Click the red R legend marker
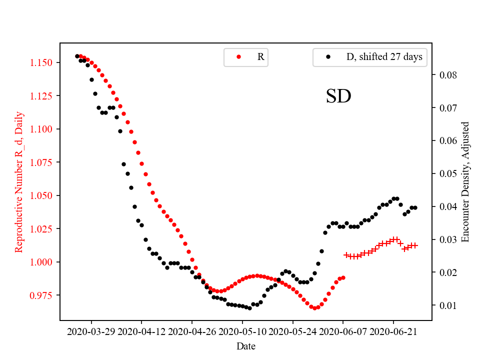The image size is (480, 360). pos(238,57)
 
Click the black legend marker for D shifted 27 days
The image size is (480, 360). pos(328,57)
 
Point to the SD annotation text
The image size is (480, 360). pos(338,96)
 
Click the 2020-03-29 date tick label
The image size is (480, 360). pos(91,331)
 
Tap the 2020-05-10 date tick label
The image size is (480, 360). pos(242,331)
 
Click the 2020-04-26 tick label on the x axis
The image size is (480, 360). pos(192,331)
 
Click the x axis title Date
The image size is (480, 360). pos(246,345)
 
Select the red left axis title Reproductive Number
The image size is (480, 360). pos(19,182)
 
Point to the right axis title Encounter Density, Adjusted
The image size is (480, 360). pos(465,182)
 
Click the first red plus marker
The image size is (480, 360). pos(346,255)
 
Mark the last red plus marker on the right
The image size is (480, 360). pos(415,245)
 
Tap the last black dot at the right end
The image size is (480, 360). pos(415,207)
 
